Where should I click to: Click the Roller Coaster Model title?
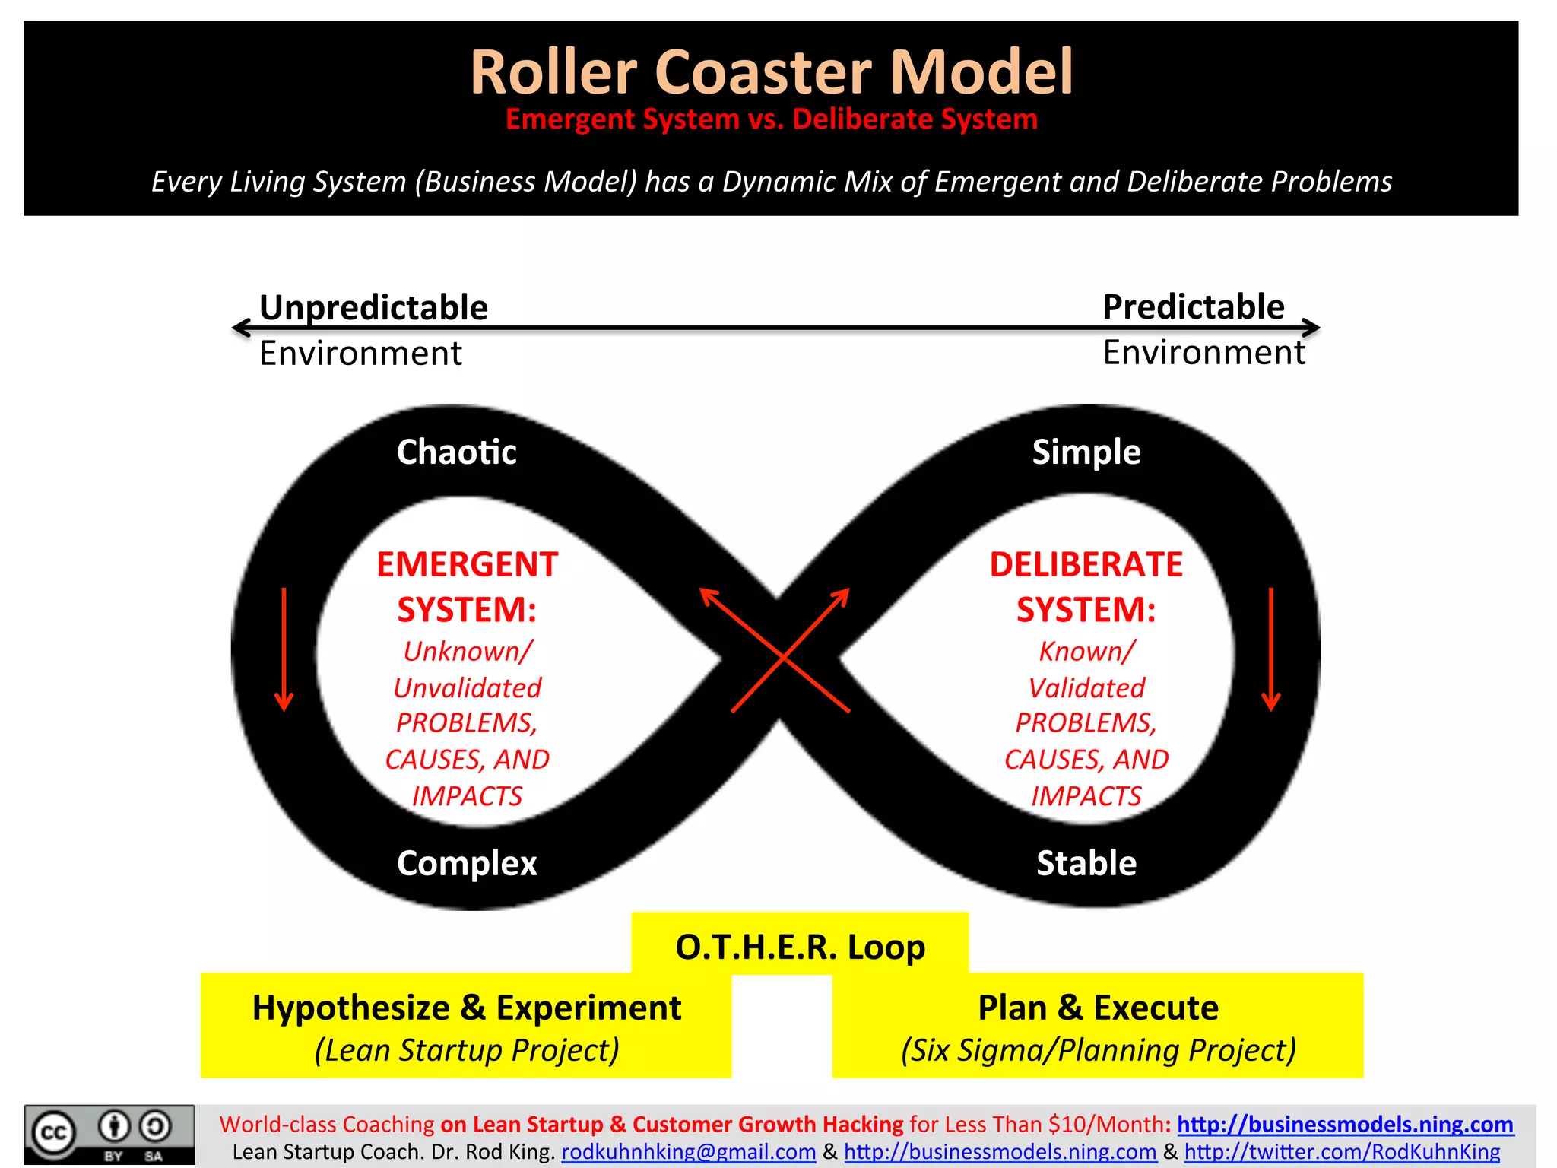coord(771,72)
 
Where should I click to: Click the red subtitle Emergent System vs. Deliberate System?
coord(771,119)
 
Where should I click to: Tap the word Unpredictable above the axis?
coord(373,307)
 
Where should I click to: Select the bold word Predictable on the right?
coord(1193,306)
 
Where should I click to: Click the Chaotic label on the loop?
coord(456,452)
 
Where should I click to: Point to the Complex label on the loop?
coord(467,863)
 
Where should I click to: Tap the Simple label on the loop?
coord(1086,452)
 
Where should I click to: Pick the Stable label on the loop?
coord(1086,863)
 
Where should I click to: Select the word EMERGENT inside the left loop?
coord(467,564)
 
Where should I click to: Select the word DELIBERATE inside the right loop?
coord(1086,564)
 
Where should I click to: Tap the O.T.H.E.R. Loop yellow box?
coord(800,947)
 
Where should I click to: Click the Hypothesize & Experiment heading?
coord(466,1008)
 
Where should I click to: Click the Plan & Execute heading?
coord(1098,1008)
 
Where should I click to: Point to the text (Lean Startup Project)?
coord(466,1050)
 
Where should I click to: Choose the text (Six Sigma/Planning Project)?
coord(1098,1050)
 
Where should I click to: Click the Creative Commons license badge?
coord(109,1135)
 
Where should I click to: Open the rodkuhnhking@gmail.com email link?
coord(688,1152)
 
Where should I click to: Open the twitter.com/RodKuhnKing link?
coord(1342,1152)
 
